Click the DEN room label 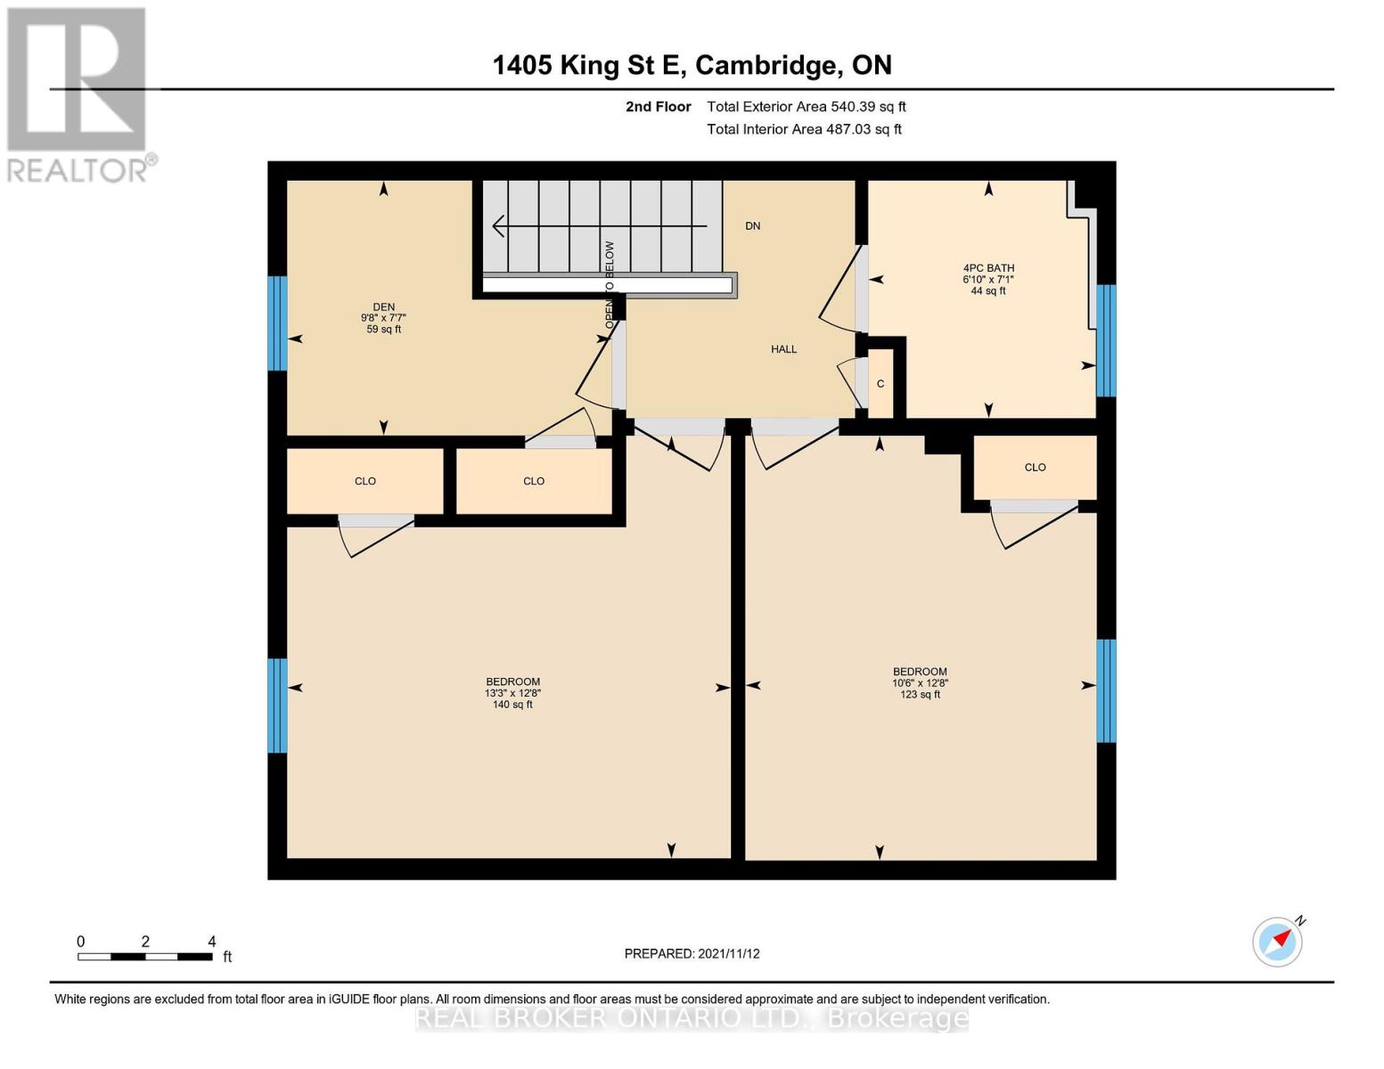pyautogui.click(x=383, y=307)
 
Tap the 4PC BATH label pyautogui.click(x=988, y=268)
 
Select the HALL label pyautogui.click(x=783, y=349)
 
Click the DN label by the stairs pyautogui.click(x=753, y=226)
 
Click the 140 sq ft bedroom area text pyautogui.click(x=512, y=705)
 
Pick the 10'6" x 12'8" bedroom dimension pyautogui.click(x=920, y=683)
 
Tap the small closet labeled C pyautogui.click(x=880, y=384)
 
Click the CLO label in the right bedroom pyautogui.click(x=1035, y=468)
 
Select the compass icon pyautogui.click(x=1277, y=942)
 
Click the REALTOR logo pyautogui.click(x=78, y=94)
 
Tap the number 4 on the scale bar pyautogui.click(x=211, y=942)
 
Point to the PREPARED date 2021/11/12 pyautogui.click(x=692, y=954)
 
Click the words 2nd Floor pyautogui.click(x=658, y=107)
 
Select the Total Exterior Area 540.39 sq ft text pyautogui.click(x=806, y=107)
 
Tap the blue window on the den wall pyautogui.click(x=278, y=323)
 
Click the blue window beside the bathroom pyautogui.click(x=1105, y=340)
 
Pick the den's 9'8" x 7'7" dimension pyautogui.click(x=383, y=318)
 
